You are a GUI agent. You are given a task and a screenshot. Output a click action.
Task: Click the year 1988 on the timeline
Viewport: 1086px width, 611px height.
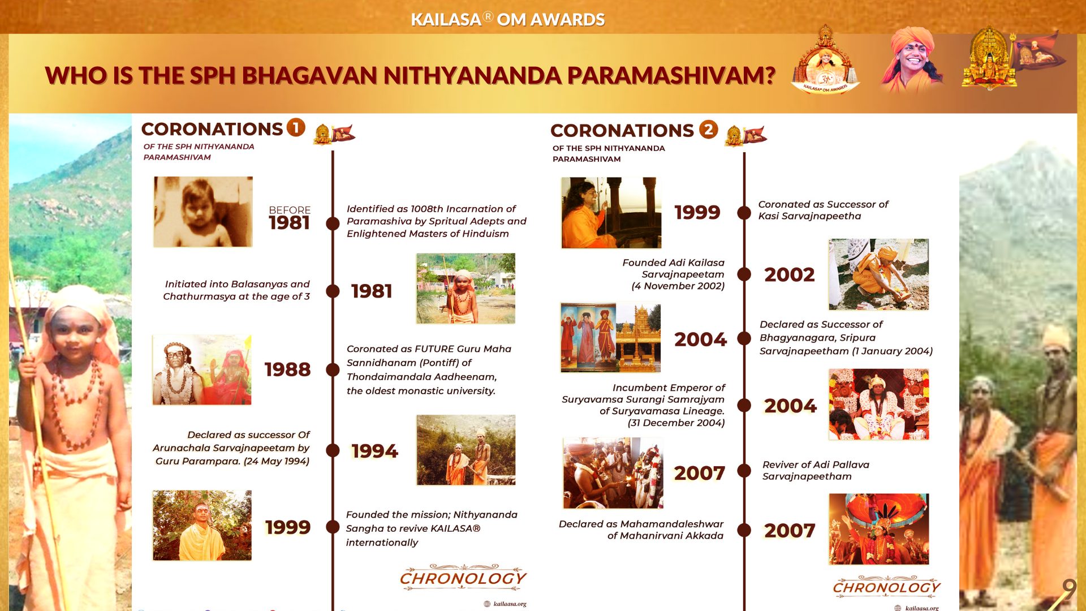(x=287, y=369)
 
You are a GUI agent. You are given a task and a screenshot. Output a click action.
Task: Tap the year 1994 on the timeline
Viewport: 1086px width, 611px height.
(x=374, y=451)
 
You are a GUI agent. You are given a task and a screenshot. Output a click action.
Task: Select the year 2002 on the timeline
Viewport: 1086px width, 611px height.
(x=790, y=274)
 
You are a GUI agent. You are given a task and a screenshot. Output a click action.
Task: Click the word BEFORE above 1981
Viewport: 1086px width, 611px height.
(x=290, y=210)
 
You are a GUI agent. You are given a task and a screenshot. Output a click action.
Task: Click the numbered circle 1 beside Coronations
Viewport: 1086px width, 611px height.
(x=296, y=127)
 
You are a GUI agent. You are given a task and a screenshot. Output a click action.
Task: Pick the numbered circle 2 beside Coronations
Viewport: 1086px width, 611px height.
(x=709, y=129)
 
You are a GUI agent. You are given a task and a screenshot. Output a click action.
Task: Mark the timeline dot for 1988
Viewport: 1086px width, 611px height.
(x=333, y=369)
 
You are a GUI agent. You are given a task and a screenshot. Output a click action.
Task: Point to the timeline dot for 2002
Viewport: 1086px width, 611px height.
(x=744, y=274)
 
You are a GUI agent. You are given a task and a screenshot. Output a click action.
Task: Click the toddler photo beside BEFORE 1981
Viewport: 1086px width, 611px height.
(x=203, y=212)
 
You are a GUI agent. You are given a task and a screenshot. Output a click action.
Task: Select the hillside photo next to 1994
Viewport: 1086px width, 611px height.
(x=466, y=450)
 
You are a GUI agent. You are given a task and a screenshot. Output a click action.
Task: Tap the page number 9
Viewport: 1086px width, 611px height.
(x=1068, y=589)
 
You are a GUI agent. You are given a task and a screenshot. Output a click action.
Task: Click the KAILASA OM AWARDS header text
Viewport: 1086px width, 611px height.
(x=507, y=19)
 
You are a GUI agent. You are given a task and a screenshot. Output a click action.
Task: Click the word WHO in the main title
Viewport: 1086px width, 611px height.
(x=75, y=75)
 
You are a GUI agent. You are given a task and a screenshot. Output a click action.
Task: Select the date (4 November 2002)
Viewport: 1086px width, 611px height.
(x=678, y=286)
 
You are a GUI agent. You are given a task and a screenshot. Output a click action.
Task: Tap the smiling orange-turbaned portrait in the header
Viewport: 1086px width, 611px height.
(x=911, y=59)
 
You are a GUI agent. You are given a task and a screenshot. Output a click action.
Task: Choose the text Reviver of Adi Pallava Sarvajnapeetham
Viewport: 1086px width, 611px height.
(x=816, y=470)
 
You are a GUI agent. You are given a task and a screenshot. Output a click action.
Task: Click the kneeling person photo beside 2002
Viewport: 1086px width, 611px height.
(x=878, y=274)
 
